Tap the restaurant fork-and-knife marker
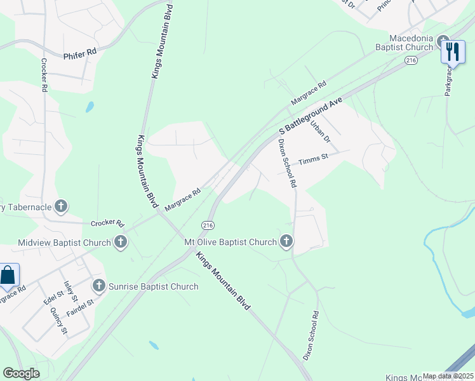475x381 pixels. coord(452,51)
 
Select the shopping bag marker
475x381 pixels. coord(8,276)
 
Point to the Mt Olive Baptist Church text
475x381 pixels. coord(230,242)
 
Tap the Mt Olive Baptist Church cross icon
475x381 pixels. coord(286,241)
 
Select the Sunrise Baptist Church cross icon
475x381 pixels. coord(98,286)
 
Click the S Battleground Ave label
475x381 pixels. coord(309,116)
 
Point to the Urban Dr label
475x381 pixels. coord(321,131)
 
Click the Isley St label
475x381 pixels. coord(70,291)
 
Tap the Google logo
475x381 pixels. coord(21,373)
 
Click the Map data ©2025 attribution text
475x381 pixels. coord(448,376)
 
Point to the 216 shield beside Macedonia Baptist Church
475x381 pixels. coord(411,60)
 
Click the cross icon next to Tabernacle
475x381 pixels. coord(61,206)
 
